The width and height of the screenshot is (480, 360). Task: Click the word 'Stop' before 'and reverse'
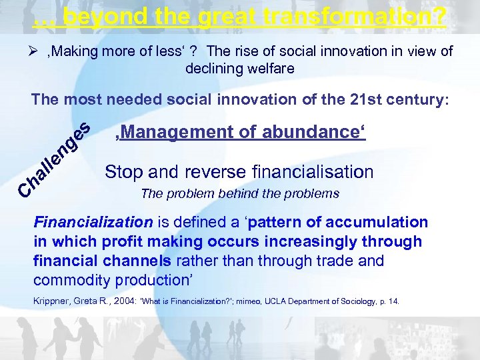[x=123, y=172]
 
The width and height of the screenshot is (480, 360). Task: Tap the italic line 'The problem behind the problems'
[x=239, y=195]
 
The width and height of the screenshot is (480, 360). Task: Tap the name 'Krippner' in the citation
[x=53, y=301]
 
